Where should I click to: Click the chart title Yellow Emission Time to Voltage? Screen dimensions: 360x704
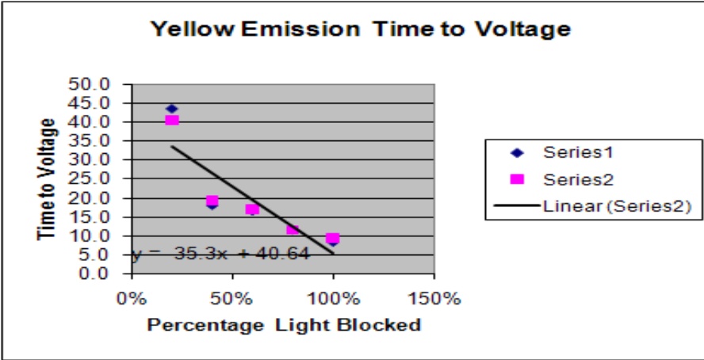360,29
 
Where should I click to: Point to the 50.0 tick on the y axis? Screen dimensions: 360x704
100,84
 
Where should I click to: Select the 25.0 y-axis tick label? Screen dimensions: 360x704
100,179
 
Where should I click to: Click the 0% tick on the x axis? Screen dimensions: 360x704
132,299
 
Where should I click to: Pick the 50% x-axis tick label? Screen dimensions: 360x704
232,299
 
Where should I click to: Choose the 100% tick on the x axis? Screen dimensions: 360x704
333,299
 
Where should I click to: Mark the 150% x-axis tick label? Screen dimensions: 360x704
434,299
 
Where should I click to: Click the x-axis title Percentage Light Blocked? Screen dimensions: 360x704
284,325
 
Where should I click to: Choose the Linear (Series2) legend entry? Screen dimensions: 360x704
610,206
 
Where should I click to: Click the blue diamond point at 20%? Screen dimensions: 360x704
171,109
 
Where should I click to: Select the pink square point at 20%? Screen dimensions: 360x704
172,120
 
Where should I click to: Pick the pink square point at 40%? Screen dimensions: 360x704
212,201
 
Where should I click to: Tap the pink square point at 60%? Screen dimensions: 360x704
252,209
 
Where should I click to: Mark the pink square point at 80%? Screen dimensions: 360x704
293,228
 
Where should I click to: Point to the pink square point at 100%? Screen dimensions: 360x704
333,238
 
